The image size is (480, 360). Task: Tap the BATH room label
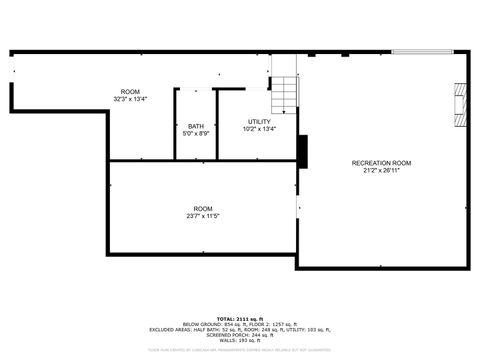[x=195, y=126]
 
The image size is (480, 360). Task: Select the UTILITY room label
[x=259, y=122]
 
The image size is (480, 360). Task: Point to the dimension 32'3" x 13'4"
[x=131, y=99]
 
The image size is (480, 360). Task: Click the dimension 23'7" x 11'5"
[x=202, y=216]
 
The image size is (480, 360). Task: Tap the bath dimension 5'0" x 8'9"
[x=195, y=134]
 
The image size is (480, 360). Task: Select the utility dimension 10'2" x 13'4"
[x=259, y=129]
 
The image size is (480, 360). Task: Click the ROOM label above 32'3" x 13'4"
[x=131, y=91]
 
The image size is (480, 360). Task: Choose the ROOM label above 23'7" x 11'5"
[x=202, y=208]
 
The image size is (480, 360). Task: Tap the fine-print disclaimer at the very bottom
[x=239, y=351]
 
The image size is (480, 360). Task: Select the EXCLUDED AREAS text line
[x=239, y=328]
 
